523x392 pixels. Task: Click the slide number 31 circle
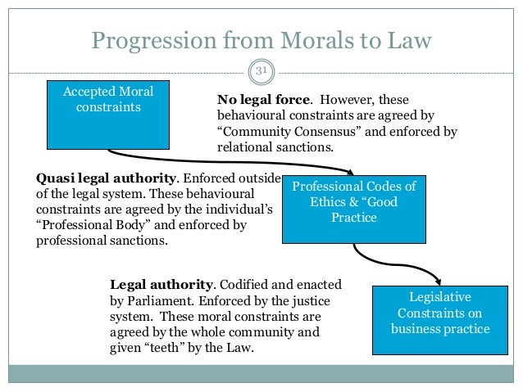tap(262, 72)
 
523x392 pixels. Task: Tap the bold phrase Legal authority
tap(161, 285)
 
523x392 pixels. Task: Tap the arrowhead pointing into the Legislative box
tap(443, 282)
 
